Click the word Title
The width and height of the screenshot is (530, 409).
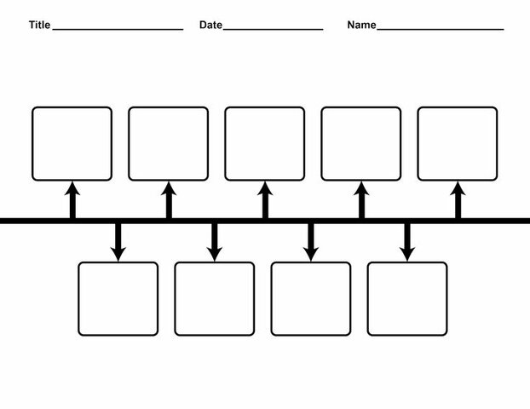39,25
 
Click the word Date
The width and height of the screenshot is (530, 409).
210,25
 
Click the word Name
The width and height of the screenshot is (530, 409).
361,25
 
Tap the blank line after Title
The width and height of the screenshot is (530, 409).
118,28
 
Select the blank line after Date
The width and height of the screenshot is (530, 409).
273,28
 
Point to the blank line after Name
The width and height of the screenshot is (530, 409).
440,28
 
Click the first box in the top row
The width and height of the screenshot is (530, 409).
72,143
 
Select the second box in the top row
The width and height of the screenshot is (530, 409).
168,143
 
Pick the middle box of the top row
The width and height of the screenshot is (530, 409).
264,143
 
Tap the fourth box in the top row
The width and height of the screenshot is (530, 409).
360,143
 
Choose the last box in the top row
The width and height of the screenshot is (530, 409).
457,143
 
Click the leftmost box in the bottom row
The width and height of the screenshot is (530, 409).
118,298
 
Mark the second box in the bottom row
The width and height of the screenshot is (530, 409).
214,298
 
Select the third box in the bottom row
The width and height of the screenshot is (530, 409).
310,298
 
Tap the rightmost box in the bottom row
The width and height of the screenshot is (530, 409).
406,298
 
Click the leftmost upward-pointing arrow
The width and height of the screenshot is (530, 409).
72,199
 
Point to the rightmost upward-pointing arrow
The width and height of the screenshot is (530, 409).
458,199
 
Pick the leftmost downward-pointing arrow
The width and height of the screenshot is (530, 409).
118,242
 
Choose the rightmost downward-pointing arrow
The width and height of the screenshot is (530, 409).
407,242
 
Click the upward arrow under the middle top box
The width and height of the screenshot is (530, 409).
265,199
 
